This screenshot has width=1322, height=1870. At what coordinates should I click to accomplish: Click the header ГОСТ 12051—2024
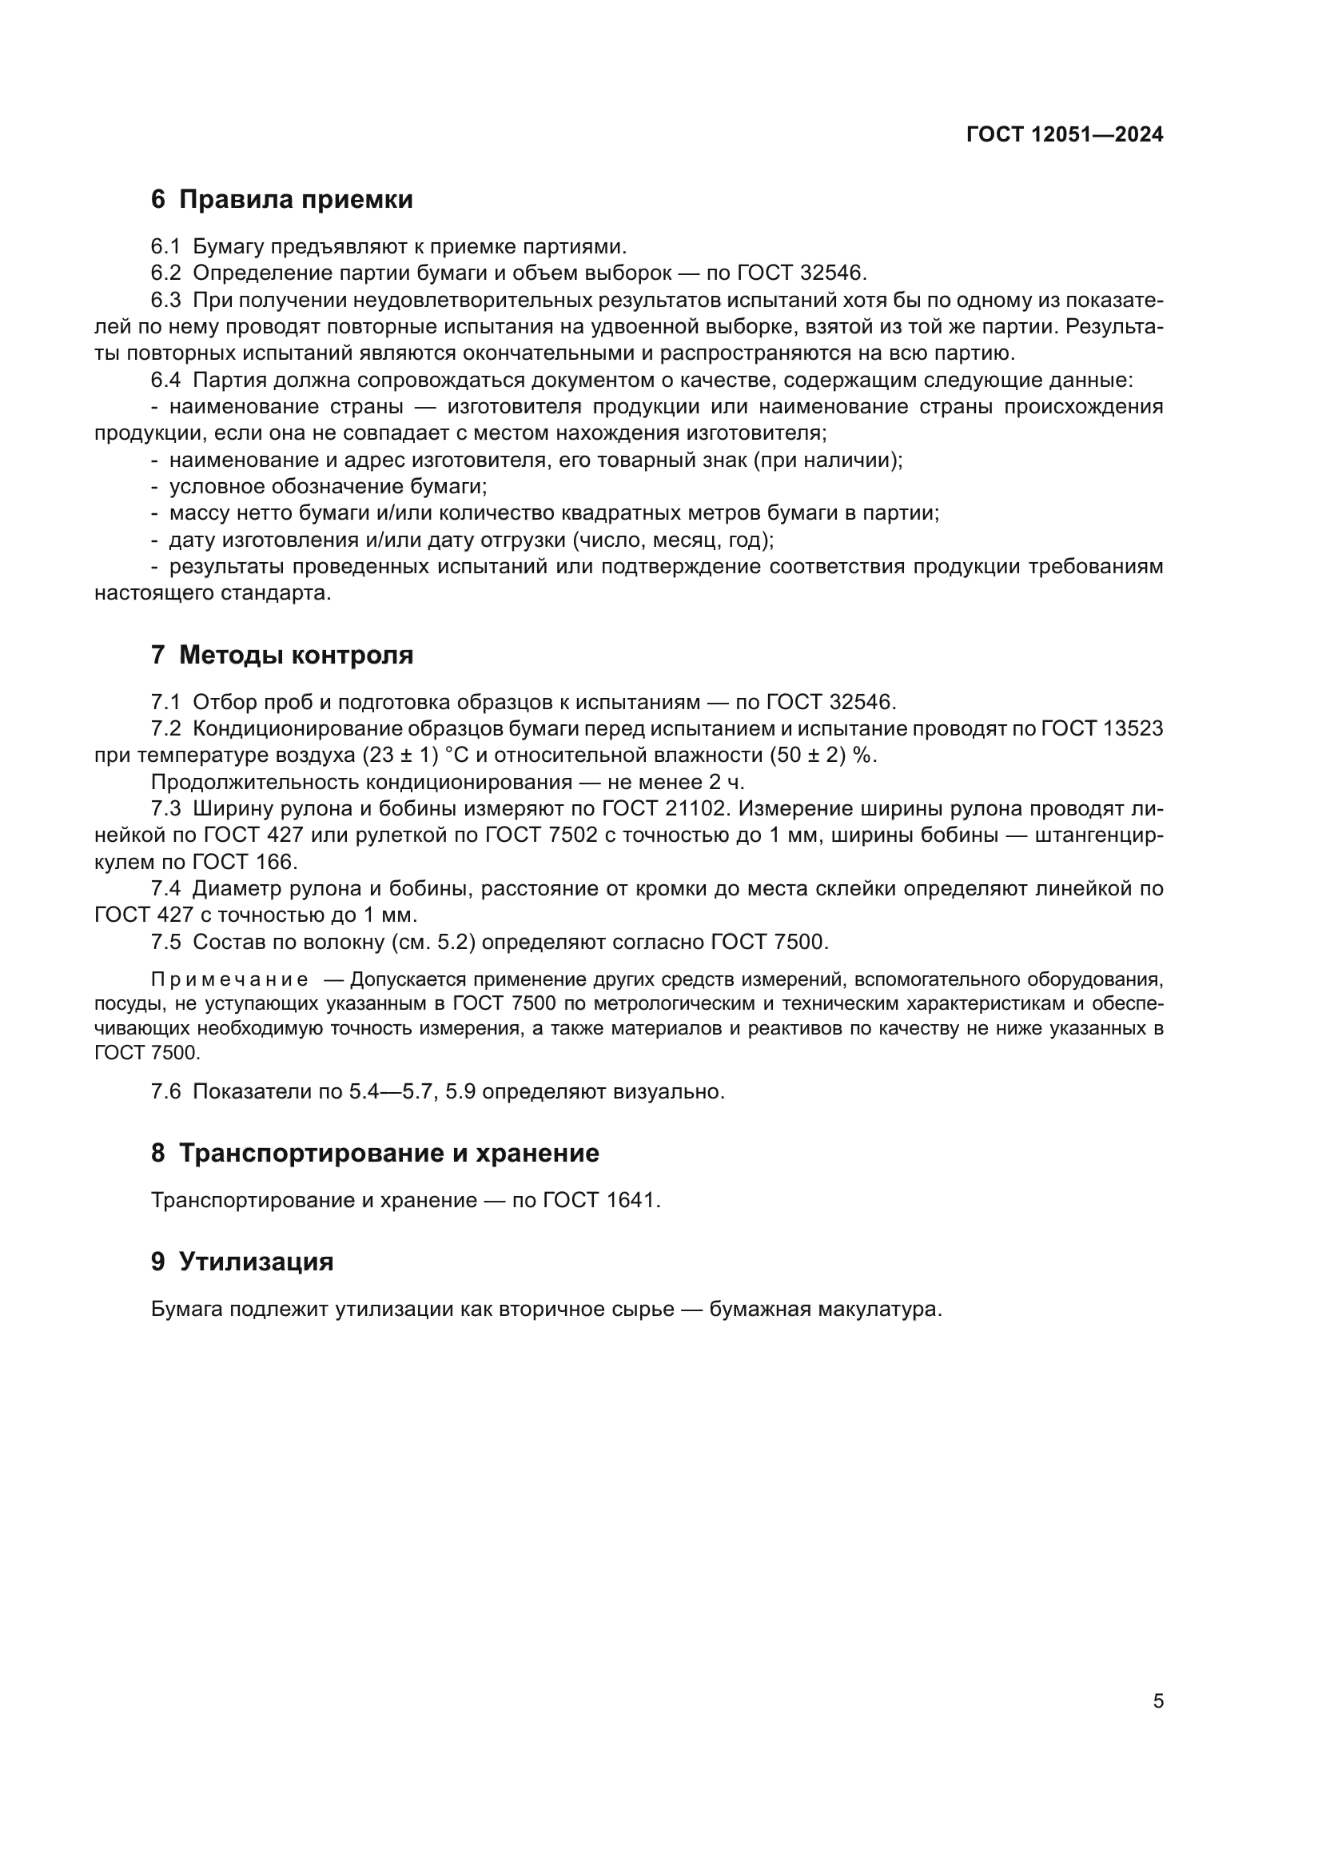(1064, 135)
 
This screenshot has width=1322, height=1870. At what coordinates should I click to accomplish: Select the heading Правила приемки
(296, 200)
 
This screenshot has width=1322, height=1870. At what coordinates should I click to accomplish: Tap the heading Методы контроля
(296, 655)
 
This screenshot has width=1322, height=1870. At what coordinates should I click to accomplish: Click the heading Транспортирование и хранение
(388, 1154)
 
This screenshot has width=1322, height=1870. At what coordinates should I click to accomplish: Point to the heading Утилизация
(256, 1262)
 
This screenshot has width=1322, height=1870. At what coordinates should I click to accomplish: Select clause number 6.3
(166, 301)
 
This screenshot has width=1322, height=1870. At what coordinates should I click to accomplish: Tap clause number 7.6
(166, 1091)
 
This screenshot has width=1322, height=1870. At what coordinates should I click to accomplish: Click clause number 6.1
(165, 247)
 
